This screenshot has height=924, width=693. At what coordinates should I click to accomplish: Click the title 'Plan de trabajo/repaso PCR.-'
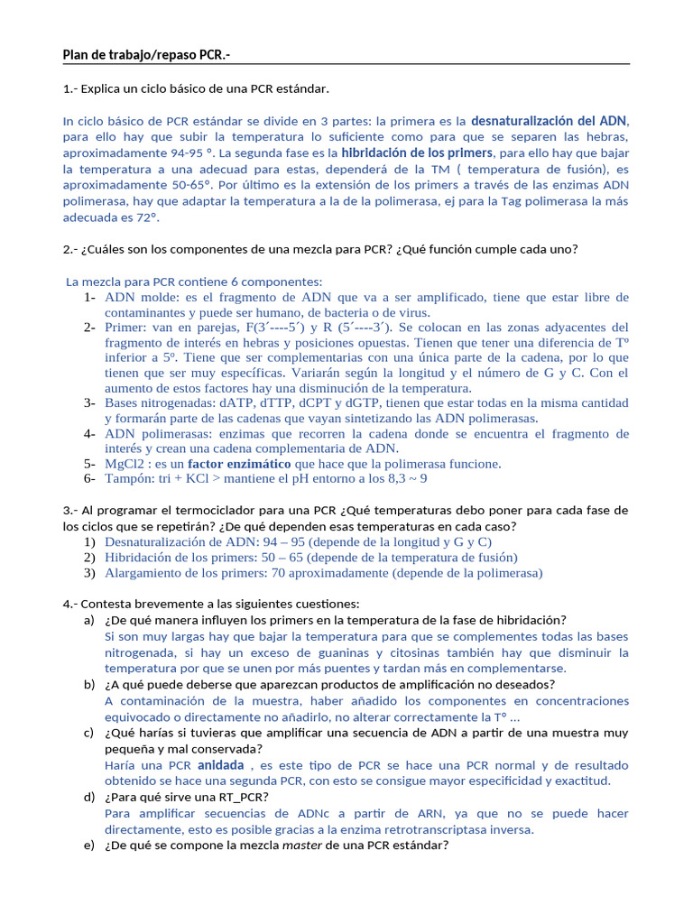point(145,56)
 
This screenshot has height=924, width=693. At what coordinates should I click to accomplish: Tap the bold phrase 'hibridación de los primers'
point(417,152)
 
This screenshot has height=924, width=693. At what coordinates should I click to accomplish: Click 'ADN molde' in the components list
point(135,297)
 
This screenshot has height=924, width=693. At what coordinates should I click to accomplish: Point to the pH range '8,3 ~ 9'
point(405,478)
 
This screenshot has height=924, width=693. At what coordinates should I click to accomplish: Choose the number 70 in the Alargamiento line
point(280,573)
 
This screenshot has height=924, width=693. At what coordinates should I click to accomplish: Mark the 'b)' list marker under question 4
point(88,685)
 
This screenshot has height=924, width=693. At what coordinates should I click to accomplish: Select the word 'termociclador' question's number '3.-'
point(71,510)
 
